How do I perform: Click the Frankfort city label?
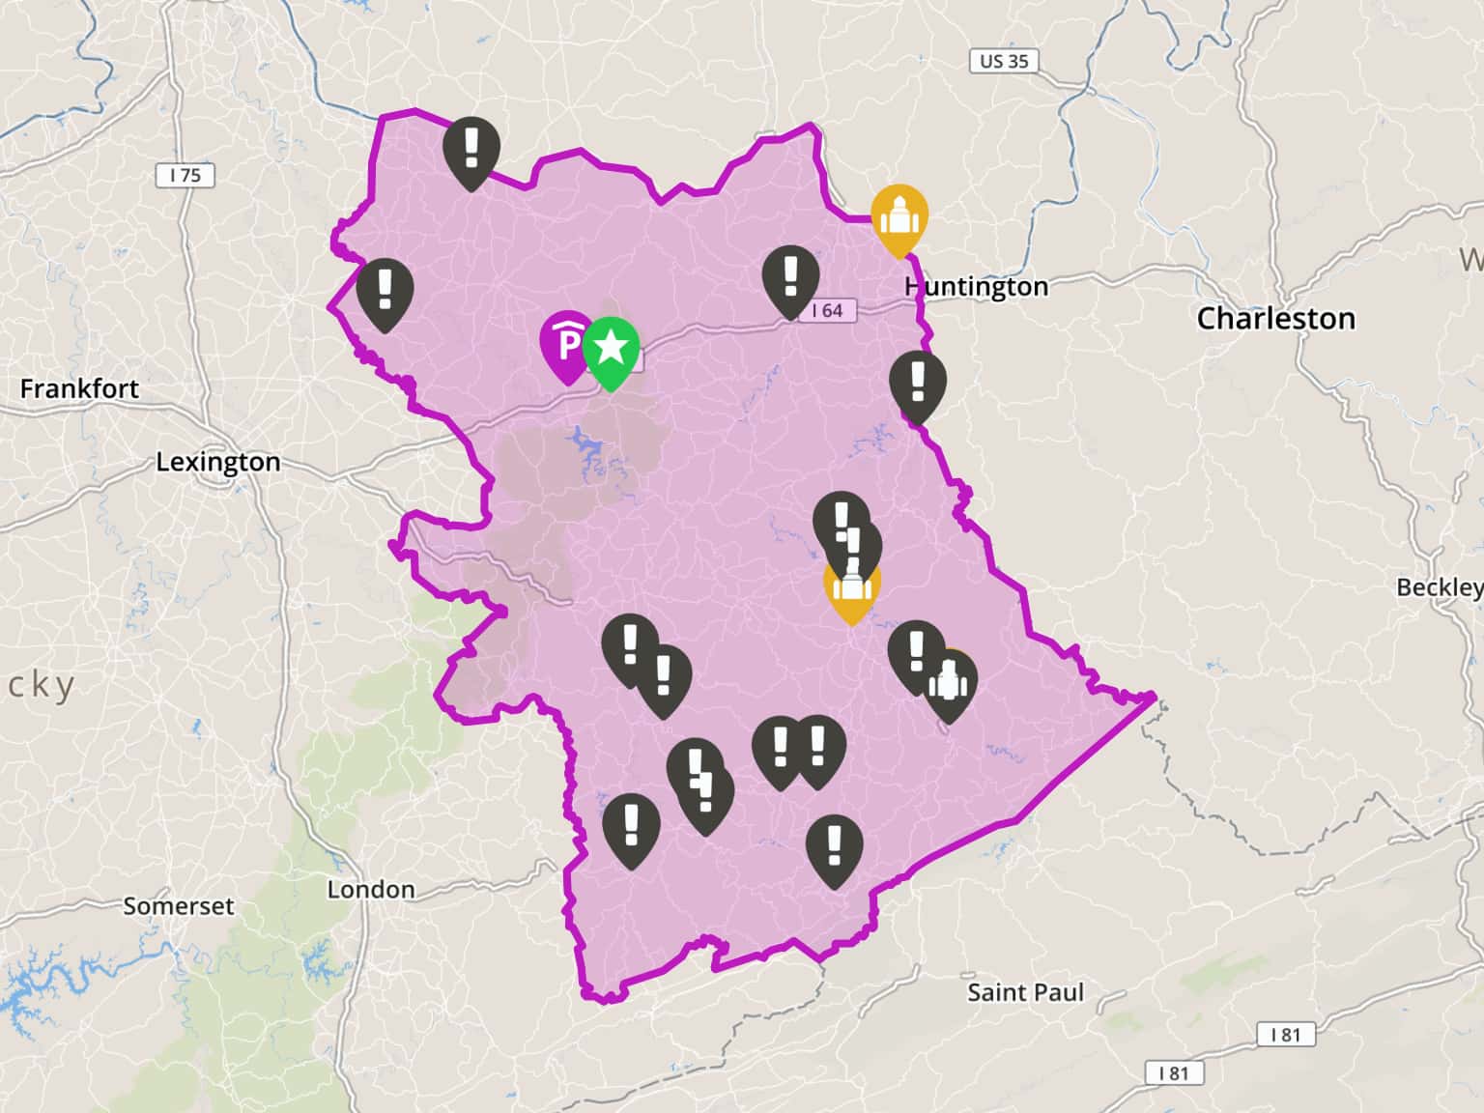[79, 388]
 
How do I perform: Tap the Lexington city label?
[218, 462]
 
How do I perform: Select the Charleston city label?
[1275, 318]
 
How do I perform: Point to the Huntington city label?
[977, 287]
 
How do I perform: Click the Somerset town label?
[178, 906]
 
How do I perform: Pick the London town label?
[371, 890]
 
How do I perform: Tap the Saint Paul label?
[1025, 992]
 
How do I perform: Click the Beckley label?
[1439, 587]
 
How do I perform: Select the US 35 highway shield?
[1004, 61]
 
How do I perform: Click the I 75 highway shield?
[185, 175]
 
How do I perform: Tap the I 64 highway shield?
[827, 310]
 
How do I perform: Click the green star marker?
[611, 348]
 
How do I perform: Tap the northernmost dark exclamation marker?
[471, 148]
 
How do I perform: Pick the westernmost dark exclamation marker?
[385, 289]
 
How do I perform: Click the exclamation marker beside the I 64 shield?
[790, 276]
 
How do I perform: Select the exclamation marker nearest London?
[631, 824]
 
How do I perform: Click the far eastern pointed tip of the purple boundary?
[1154, 696]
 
